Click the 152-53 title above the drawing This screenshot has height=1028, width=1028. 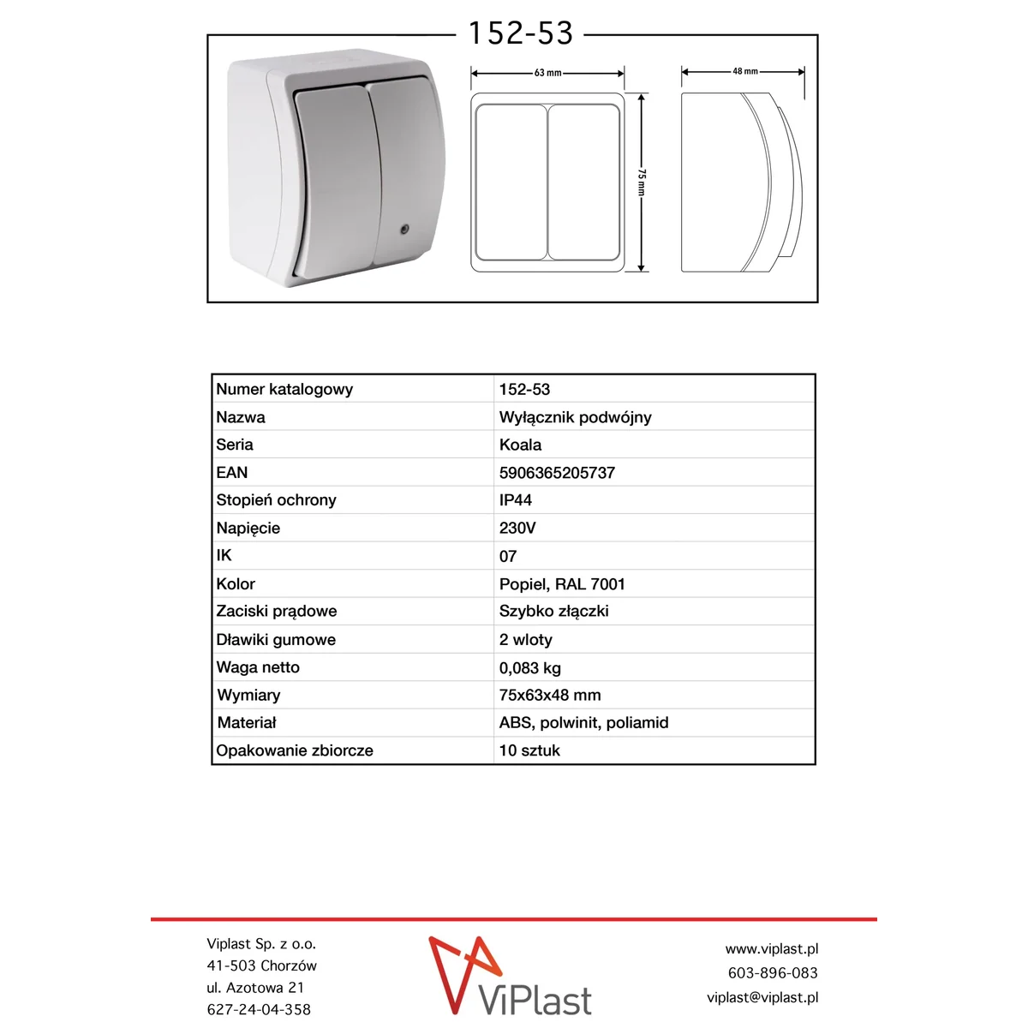click(x=520, y=33)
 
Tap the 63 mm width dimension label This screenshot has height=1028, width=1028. click(x=547, y=73)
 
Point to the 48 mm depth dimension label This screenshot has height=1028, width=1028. click(x=744, y=71)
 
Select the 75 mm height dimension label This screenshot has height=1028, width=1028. click(x=642, y=182)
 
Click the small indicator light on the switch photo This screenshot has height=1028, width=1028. click(x=403, y=229)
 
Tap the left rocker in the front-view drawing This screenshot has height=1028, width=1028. click(x=511, y=182)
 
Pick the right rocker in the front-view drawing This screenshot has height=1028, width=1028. click(x=584, y=182)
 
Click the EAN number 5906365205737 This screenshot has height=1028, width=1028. click(x=557, y=473)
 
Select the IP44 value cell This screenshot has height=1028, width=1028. click(x=516, y=500)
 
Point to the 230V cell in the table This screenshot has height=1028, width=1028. click(x=517, y=528)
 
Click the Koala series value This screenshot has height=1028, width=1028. click(x=520, y=445)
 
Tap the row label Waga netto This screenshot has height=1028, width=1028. click(x=258, y=667)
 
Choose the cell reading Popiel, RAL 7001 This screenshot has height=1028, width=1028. click(x=562, y=584)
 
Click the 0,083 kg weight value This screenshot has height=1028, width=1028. click(x=530, y=668)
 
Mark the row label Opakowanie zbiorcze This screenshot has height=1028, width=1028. click(x=295, y=750)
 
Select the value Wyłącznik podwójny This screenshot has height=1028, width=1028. click(x=575, y=417)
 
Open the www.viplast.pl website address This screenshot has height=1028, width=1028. click(x=771, y=949)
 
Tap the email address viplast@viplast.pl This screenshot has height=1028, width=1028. click(x=762, y=997)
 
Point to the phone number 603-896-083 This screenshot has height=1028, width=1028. click(x=773, y=973)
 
